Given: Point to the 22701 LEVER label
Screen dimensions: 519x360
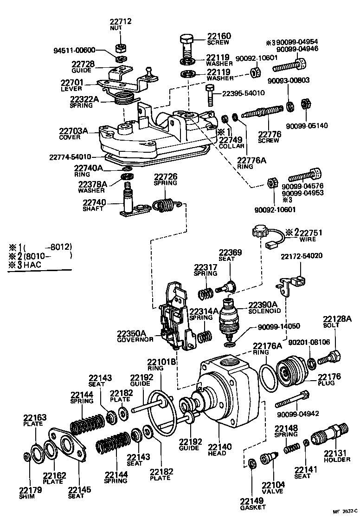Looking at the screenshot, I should (x=71, y=85).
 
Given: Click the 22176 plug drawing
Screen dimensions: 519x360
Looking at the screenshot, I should (x=290, y=373).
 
